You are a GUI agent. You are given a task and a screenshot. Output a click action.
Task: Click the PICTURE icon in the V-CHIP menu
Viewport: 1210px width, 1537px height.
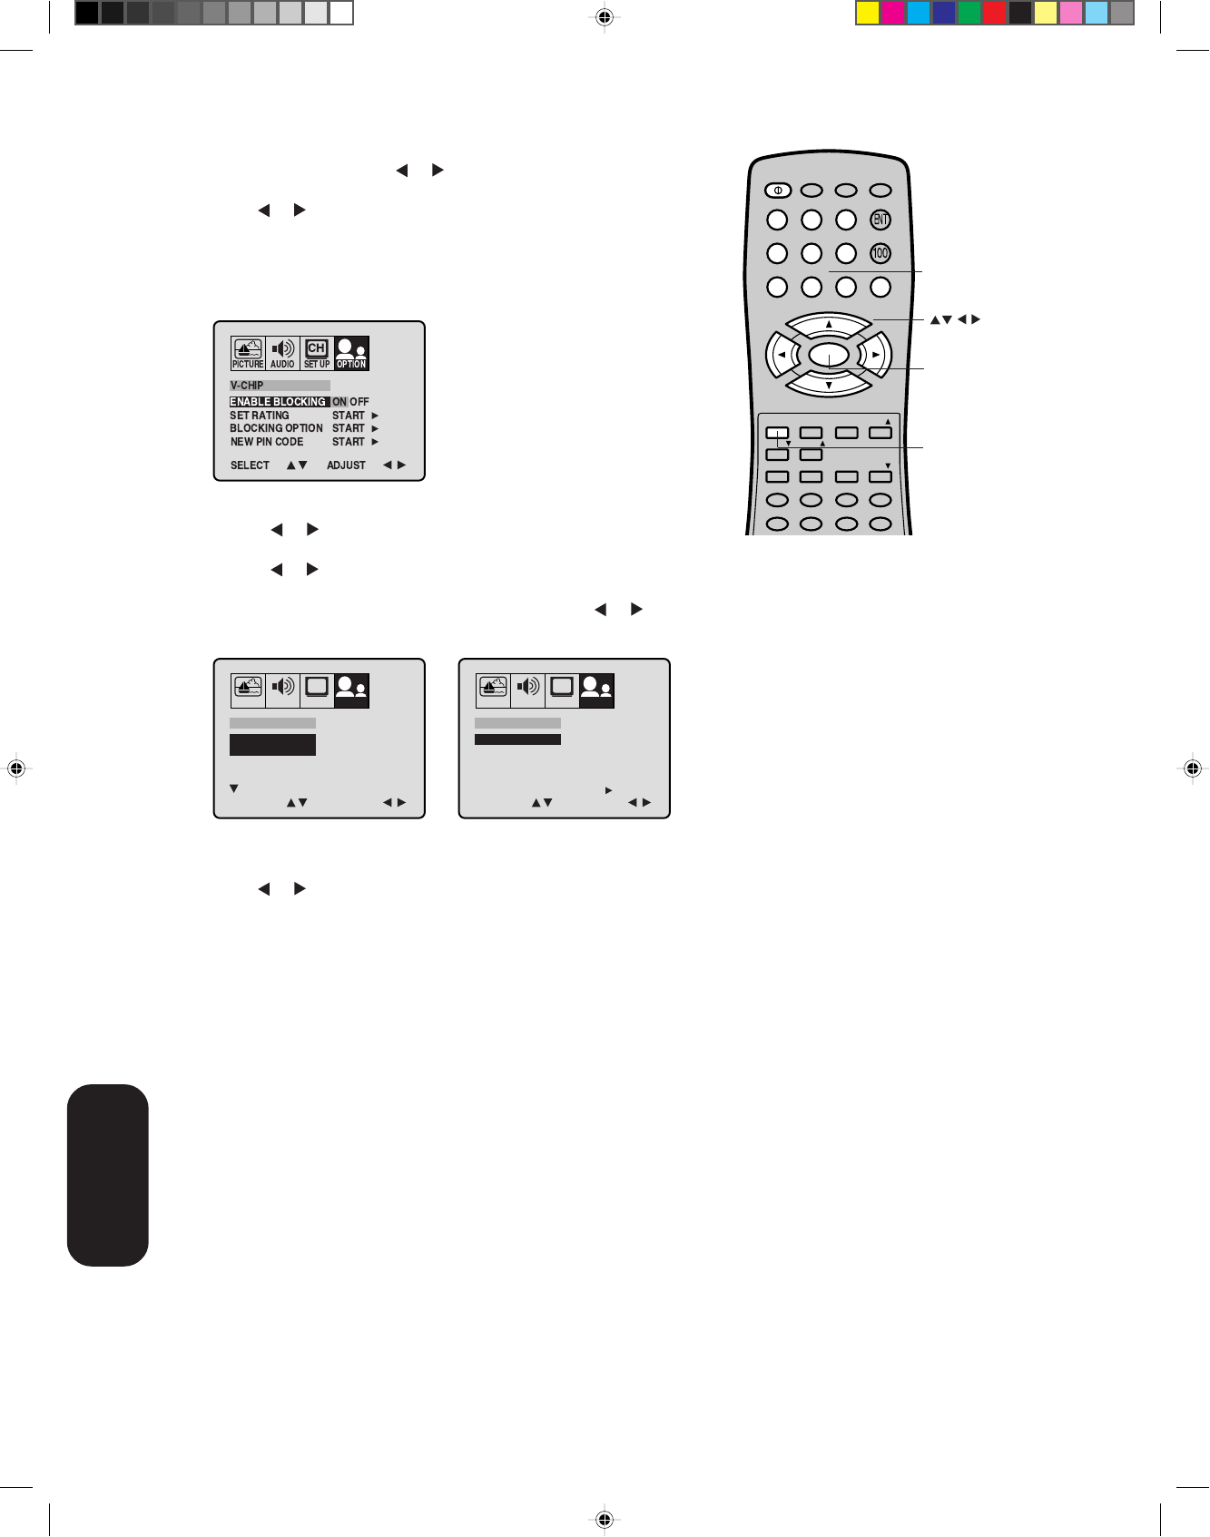coord(248,353)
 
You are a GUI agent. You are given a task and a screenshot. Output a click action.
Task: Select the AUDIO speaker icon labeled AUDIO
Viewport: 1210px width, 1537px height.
coord(282,353)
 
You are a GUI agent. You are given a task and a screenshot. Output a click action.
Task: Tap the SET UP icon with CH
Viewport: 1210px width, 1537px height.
coord(317,353)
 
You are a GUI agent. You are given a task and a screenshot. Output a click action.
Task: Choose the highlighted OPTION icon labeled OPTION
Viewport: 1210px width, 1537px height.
coord(351,353)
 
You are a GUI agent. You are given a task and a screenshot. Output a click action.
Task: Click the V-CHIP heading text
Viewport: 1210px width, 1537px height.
coord(247,386)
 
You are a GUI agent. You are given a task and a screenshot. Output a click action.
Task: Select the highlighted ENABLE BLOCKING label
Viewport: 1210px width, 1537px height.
coord(278,402)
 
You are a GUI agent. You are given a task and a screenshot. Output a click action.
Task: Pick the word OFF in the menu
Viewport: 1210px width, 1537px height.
coord(360,402)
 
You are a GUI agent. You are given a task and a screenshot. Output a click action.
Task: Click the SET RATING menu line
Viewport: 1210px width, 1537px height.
coord(260,416)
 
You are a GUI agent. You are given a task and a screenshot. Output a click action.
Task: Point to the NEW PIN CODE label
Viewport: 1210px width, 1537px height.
coord(267,442)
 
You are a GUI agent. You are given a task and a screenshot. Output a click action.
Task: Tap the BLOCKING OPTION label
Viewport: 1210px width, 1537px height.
coord(276,428)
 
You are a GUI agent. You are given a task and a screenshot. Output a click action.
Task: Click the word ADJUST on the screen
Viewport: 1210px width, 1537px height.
coord(346,465)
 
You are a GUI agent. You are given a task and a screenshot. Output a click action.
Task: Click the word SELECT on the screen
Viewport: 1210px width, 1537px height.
coord(250,465)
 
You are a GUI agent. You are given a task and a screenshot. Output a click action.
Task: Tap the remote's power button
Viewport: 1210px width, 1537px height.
coord(778,191)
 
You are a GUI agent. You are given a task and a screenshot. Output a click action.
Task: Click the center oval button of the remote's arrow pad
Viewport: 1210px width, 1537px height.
coord(828,355)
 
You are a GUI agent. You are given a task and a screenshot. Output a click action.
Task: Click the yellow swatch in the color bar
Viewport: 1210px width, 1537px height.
coord(868,13)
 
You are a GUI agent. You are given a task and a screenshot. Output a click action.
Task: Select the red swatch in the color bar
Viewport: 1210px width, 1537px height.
coord(995,13)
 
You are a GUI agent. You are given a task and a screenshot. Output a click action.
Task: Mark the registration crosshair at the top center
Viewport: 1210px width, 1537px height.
coord(605,16)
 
